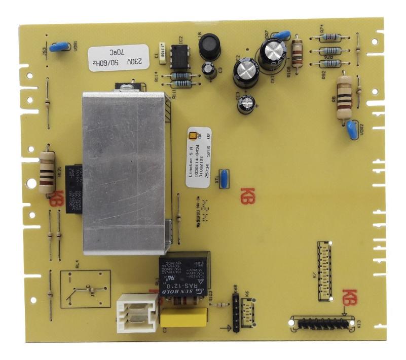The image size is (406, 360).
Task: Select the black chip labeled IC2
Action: (x=178, y=56)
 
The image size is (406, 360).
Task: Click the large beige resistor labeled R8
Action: (x=345, y=97)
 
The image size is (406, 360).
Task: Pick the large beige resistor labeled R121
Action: (x=47, y=169)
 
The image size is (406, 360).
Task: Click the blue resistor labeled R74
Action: (x=330, y=37)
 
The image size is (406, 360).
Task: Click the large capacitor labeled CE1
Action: (x=273, y=53)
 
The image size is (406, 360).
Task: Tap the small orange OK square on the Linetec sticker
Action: (x=192, y=135)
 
